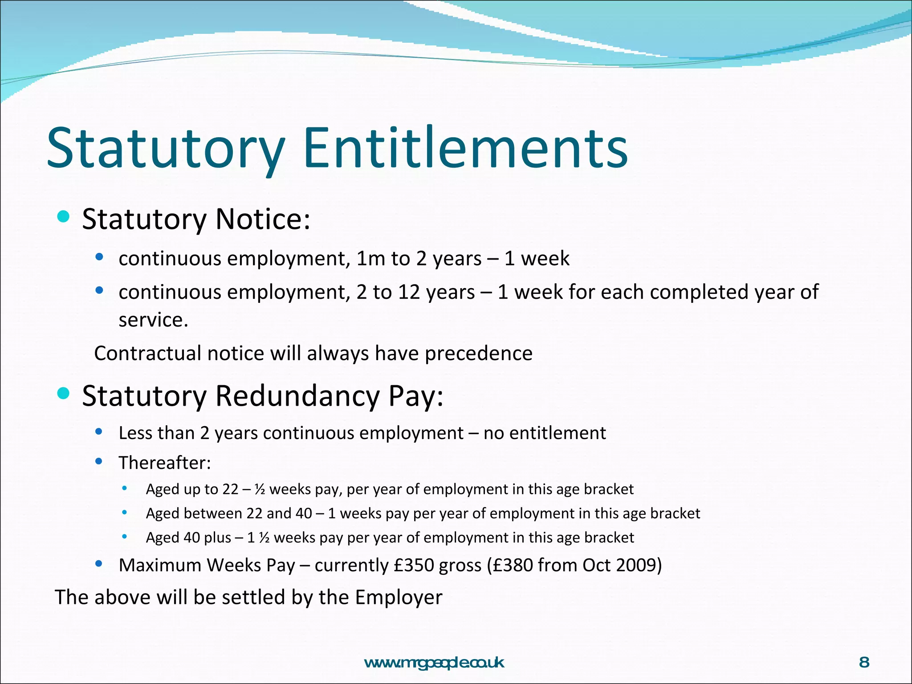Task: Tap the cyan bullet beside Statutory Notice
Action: pos(64,217)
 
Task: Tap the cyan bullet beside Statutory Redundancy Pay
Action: pos(64,393)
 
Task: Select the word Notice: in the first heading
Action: pos(263,219)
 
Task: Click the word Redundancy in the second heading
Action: pos(297,395)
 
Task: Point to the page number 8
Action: pos(864,663)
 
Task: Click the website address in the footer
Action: pos(434,663)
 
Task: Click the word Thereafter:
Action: pos(165,463)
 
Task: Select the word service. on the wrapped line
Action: pos(153,320)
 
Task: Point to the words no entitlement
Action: pos(545,433)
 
